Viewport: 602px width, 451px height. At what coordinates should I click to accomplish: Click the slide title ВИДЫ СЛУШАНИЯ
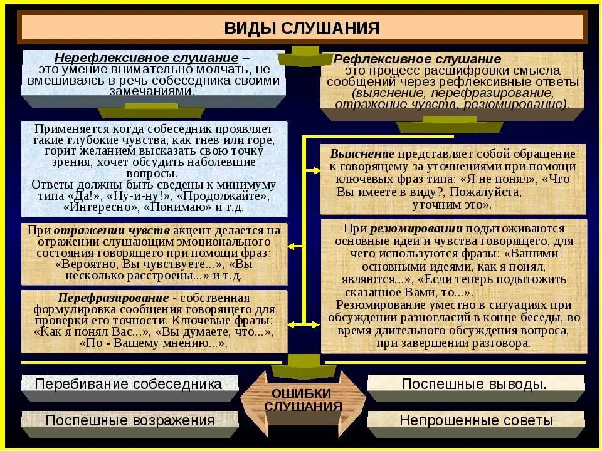click(302, 28)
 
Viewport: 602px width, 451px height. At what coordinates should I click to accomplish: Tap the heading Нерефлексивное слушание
click(146, 58)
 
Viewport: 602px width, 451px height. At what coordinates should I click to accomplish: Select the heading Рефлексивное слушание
click(417, 59)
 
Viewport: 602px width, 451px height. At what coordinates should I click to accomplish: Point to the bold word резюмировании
click(416, 228)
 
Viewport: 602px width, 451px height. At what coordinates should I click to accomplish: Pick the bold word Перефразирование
click(114, 298)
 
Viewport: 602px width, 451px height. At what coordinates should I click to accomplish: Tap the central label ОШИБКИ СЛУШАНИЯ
click(302, 400)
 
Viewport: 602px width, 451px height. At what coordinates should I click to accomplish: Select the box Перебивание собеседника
click(129, 384)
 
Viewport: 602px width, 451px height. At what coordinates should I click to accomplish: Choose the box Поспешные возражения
click(130, 420)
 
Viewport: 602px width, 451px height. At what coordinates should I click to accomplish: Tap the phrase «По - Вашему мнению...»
click(154, 343)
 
